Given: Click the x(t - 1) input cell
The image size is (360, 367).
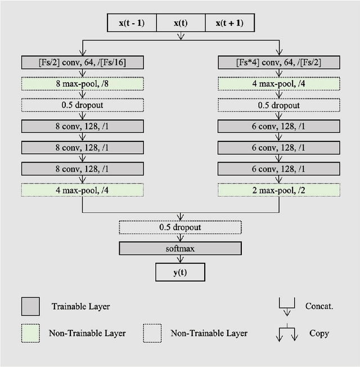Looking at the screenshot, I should pyautogui.click(x=132, y=23).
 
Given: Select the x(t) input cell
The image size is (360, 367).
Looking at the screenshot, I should pyautogui.click(x=180, y=23).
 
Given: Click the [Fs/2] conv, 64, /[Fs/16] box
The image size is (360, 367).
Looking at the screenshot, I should pyautogui.click(x=83, y=62).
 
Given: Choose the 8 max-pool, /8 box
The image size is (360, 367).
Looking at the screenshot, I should pyautogui.click(x=83, y=83).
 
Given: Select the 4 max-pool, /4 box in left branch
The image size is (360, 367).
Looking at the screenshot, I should pyautogui.click(x=83, y=190).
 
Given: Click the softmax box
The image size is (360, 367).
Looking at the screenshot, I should pyautogui.click(x=180, y=249).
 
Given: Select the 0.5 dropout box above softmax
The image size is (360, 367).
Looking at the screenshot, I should pyautogui.click(x=180, y=227).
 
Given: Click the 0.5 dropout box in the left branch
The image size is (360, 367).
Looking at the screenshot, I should pyautogui.click(x=83, y=105).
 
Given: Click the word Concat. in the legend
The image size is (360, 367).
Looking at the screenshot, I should pyautogui.click(x=319, y=307).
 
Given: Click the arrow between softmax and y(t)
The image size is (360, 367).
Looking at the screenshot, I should pyautogui.click(x=180, y=259).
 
